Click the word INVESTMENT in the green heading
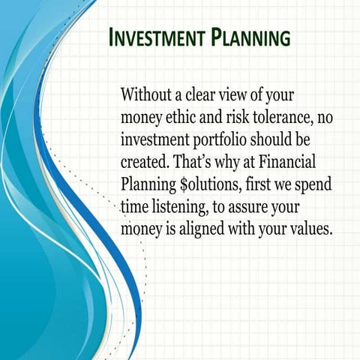(x=155, y=37)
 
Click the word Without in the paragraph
(x=147, y=96)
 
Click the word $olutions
(x=216, y=184)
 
